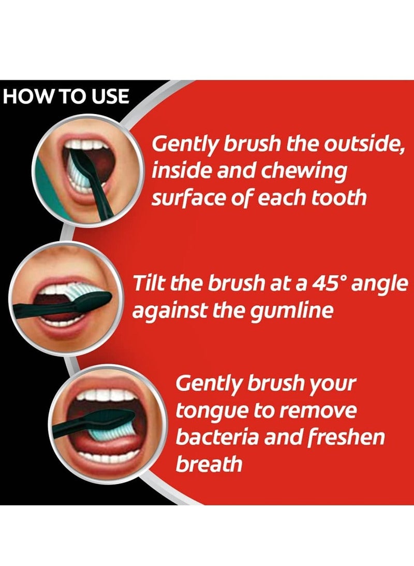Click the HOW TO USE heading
pyautogui.click(x=66, y=97)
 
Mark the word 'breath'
pyautogui.click(x=209, y=463)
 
